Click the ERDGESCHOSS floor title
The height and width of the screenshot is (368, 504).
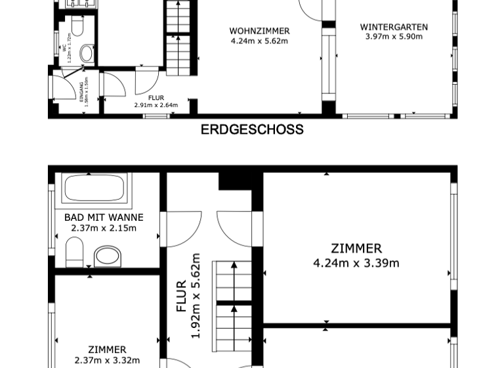(252, 129)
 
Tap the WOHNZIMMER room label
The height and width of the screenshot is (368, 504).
(259, 31)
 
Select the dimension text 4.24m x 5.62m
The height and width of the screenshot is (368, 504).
(259, 41)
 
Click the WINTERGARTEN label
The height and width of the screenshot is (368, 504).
(394, 27)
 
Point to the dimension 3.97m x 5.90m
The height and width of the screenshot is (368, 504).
(394, 37)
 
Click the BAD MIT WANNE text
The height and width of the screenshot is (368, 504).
(104, 218)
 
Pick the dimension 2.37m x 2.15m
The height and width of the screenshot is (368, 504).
(104, 228)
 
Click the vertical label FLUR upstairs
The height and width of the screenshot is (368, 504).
(182, 296)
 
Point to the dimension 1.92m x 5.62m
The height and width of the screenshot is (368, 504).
(195, 296)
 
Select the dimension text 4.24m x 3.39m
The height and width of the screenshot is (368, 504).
(356, 263)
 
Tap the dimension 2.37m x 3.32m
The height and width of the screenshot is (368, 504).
(107, 360)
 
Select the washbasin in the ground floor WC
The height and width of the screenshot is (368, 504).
(85, 53)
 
